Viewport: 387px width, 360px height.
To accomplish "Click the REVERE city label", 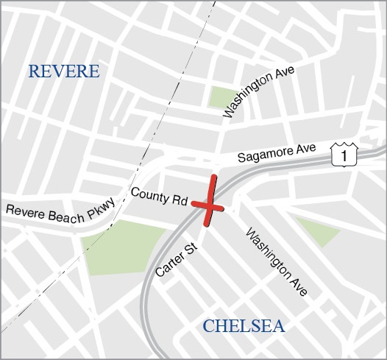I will coord(63,71).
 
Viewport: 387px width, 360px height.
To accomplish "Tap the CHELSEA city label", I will coord(244,326).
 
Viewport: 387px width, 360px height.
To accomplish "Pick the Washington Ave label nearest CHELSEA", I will coord(276,264).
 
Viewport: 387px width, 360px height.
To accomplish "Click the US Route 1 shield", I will coord(344,154).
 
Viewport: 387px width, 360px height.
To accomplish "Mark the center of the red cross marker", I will coord(208,202).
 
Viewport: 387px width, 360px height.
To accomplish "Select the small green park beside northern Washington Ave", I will coord(221,96).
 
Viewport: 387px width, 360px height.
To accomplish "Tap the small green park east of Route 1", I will coord(318,230).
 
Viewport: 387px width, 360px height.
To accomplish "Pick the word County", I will coord(150,194).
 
